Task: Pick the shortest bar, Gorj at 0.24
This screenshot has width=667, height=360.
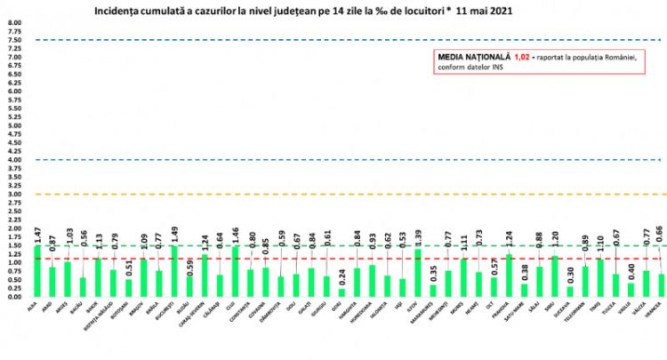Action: coord(342,292)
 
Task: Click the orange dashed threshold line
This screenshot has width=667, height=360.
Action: coord(356,194)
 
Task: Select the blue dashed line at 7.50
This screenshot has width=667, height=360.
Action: coord(356,40)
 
